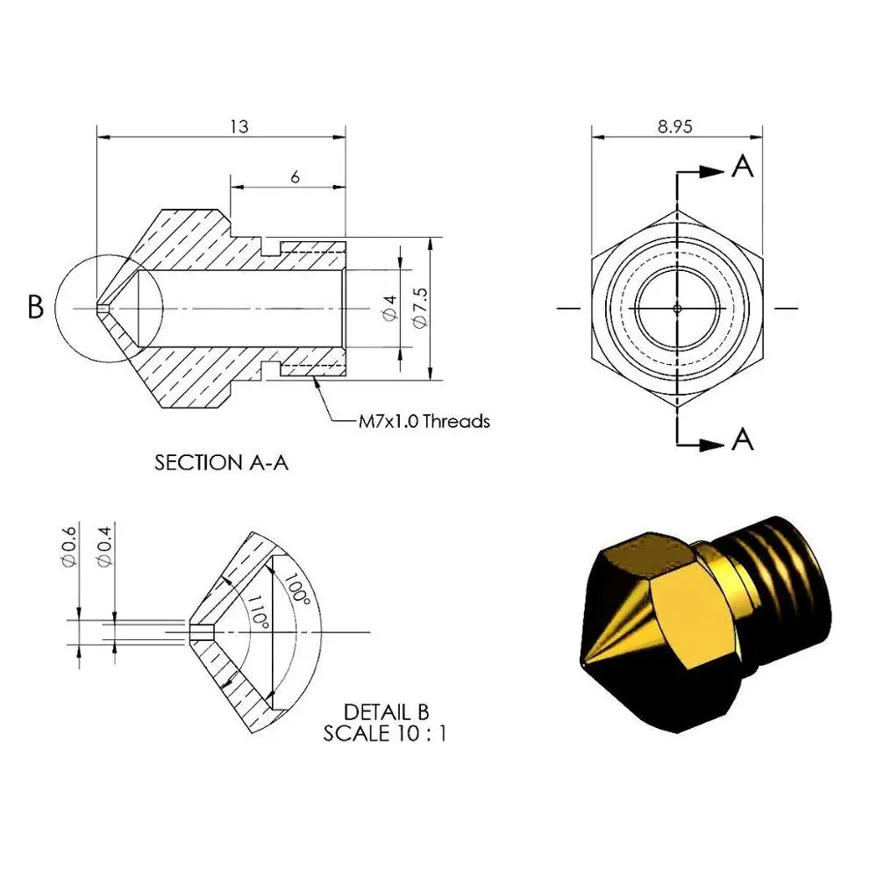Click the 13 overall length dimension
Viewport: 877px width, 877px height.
pyautogui.click(x=239, y=126)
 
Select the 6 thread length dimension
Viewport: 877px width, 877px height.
pyautogui.click(x=295, y=177)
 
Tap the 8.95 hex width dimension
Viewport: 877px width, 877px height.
pyautogui.click(x=675, y=126)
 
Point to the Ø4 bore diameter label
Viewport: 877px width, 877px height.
pyautogui.click(x=389, y=308)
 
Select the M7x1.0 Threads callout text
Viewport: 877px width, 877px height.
pyautogui.click(x=424, y=421)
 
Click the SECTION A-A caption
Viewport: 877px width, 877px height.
pyautogui.click(x=222, y=462)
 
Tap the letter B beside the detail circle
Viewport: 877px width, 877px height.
pyautogui.click(x=35, y=307)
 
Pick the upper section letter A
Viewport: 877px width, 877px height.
pyautogui.click(x=742, y=166)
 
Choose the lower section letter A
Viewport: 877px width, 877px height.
pyautogui.click(x=742, y=439)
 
